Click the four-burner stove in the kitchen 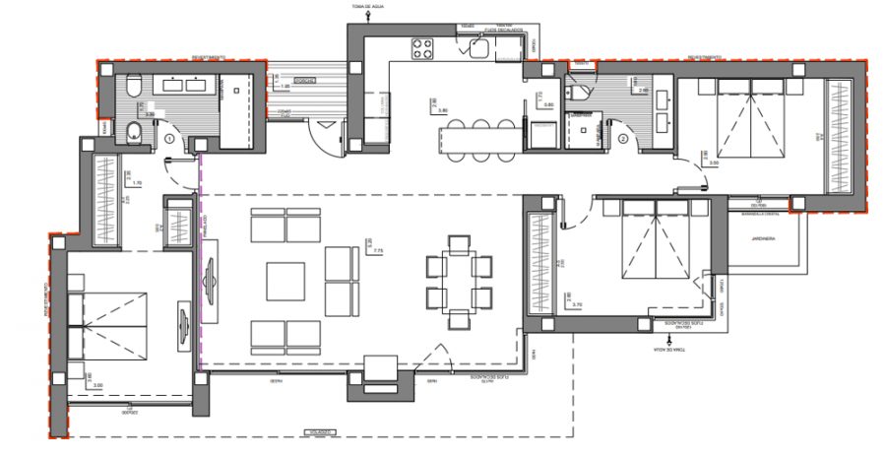click(x=422, y=48)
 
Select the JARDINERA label click(x=764, y=239)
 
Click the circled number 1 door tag click(x=170, y=141)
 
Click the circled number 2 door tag click(x=623, y=139)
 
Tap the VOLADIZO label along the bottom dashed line click(x=317, y=431)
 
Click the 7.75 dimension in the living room click(x=378, y=251)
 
